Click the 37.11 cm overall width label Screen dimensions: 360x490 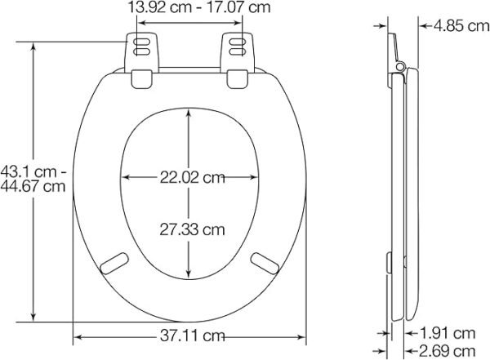click(x=192, y=336)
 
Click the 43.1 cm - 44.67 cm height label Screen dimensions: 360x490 click(x=33, y=179)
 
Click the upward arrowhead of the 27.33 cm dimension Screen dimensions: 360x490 click(x=189, y=115)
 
